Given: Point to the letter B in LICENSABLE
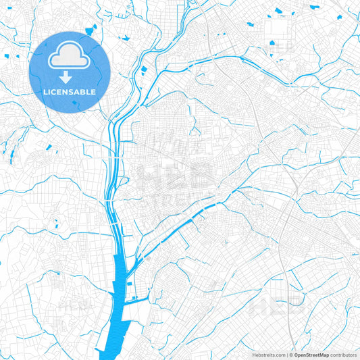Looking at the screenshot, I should coord(84,92).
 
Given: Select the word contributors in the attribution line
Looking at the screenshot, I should coord(344,355).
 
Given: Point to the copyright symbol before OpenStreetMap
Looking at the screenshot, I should coord(291,355).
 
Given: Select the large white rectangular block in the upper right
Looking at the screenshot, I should coord(278,27).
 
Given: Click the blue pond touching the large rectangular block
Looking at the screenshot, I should coord(272,43).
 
